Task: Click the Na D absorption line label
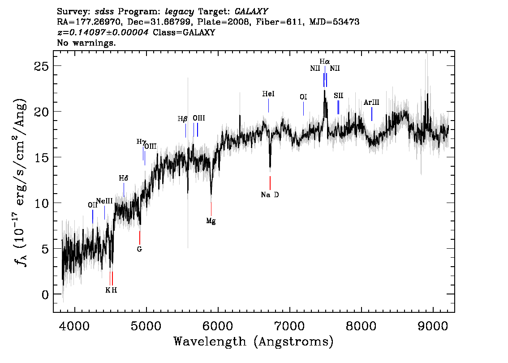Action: click(270, 195)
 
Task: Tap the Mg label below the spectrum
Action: click(211, 221)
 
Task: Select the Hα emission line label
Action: click(325, 61)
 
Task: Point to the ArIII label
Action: click(371, 103)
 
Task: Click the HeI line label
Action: click(268, 94)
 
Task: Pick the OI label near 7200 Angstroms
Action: click(303, 97)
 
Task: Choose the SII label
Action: click(339, 95)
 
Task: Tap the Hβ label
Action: click(182, 119)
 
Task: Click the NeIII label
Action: click(104, 201)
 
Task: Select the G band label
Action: click(139, 249)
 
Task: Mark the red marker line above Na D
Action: click(270, 183)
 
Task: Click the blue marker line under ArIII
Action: click(372, 114)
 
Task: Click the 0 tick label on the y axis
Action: click(45, 295)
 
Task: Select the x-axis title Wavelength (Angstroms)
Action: click(254, 342)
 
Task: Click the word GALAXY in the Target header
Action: click(251, 12)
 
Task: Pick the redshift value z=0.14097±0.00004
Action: click(103, 32)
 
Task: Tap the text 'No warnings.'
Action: click(86, 43)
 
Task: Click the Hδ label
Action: click(124, 178)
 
